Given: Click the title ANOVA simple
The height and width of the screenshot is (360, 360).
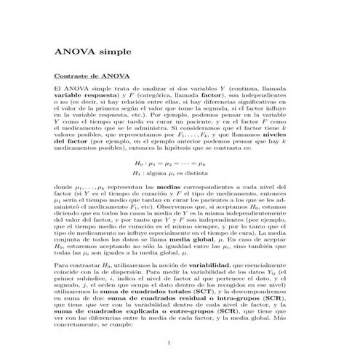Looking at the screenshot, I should coord(88,52).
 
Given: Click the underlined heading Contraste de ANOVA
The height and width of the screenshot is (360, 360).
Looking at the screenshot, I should coord(86,76).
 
